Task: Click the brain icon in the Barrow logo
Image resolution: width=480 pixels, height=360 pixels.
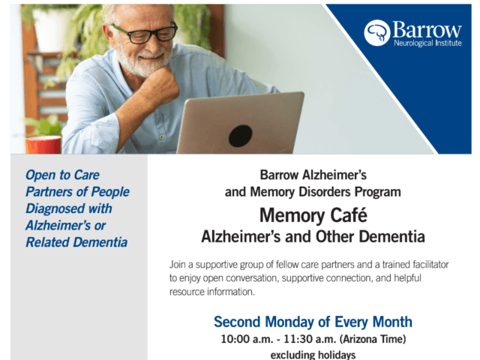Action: [376, 33]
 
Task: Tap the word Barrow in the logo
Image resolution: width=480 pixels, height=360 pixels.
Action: [427, 30]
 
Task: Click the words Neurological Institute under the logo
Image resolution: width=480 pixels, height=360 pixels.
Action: [427, 43]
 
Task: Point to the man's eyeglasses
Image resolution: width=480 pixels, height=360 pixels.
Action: [144, 33]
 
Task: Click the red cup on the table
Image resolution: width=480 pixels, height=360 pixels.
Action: [43, 145]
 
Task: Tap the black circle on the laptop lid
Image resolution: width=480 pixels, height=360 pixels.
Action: [240, 136]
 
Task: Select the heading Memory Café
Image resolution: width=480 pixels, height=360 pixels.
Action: [313, 215]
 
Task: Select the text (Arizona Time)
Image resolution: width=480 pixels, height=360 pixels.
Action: [373, 339]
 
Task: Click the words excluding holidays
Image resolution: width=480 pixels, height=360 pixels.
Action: [313, 355]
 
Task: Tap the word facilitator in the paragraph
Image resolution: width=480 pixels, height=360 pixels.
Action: [430, 264]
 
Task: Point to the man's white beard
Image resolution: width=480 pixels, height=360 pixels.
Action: [142, 60]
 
